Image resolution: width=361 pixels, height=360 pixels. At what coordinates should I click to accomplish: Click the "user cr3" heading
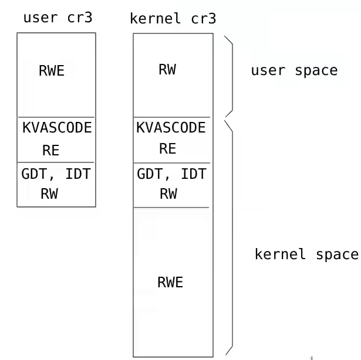coord(57,17)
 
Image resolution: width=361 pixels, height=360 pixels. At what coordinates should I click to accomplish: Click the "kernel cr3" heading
coord(173,19)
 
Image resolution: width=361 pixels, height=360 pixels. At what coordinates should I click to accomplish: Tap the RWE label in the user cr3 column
coord(52,72)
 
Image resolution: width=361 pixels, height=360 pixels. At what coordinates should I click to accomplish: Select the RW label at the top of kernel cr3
coord(167,70)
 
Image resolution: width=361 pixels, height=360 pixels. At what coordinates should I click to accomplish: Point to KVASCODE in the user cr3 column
coord(57,128)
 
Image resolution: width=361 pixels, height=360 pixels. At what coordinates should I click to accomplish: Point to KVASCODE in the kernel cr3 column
coord(171,128)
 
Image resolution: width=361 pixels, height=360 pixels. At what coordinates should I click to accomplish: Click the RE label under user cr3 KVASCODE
coord(51,150)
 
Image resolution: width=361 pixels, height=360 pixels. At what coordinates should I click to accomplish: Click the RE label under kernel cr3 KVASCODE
coord(167,149)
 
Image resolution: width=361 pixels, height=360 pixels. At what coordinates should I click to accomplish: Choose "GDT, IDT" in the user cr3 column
coord(56,175)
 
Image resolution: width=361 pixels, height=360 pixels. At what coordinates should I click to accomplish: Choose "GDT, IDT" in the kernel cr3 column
coord(171,174)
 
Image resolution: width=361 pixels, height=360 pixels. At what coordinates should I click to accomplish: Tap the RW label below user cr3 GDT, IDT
coord(49,194)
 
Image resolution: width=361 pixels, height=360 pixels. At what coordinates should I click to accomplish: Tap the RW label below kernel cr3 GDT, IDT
coord(168,194)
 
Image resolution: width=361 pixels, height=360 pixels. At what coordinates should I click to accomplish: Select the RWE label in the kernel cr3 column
coord(170,282)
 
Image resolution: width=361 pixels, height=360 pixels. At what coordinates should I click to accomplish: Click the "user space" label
coord(294,71)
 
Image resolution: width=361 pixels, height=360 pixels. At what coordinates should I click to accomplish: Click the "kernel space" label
coord(306,254)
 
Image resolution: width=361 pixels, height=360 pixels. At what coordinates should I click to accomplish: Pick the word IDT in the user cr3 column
coord(79,175)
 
